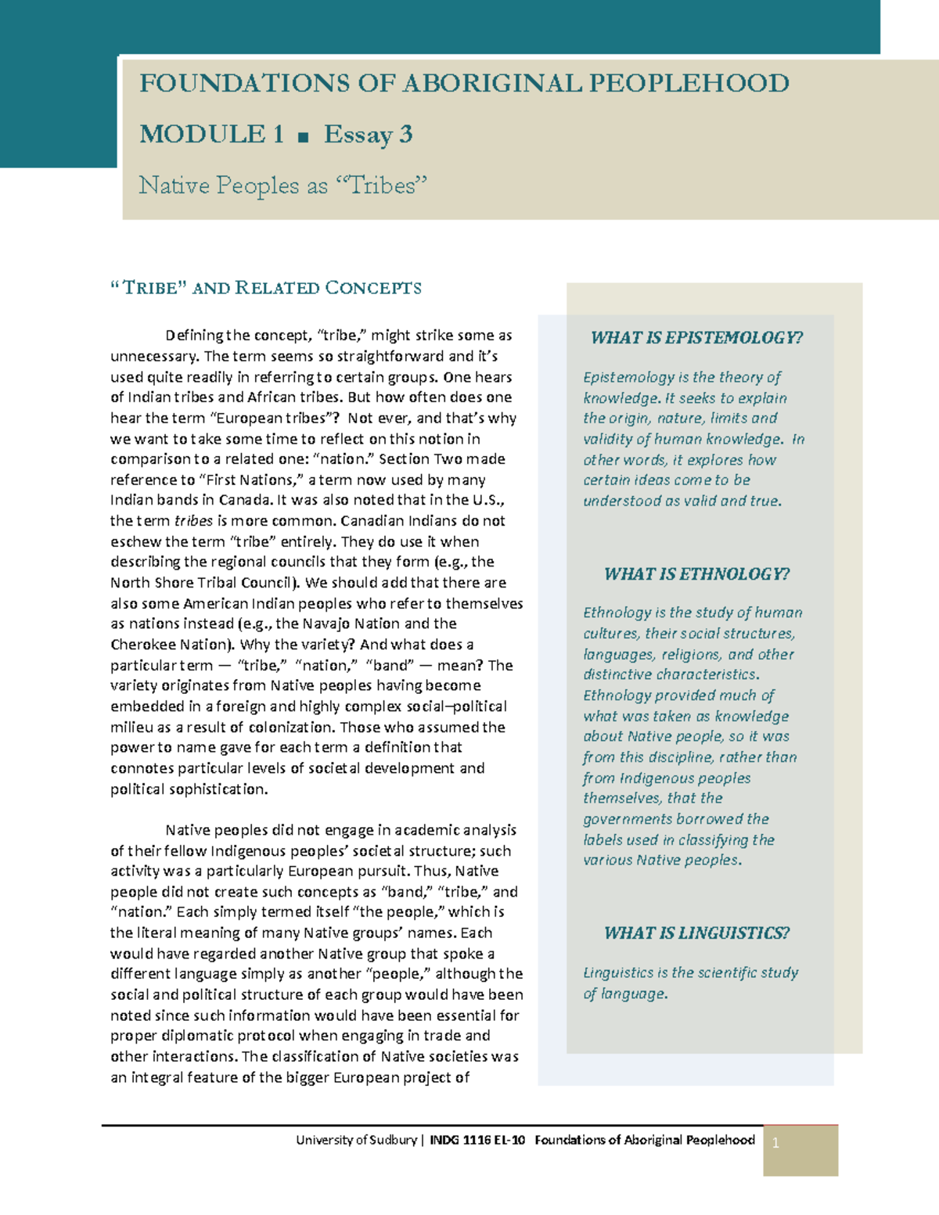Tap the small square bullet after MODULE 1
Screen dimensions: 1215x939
coord(304,137)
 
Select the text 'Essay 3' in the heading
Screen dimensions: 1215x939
coord(368,135)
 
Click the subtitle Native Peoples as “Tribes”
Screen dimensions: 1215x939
coord(283,185)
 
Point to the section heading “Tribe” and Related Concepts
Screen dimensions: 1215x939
coord(266,288)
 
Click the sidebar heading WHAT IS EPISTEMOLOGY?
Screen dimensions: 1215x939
coord(696,338)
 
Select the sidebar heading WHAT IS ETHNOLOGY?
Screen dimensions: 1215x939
coord(696,574)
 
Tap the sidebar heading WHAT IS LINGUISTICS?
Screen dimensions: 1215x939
coord(696,933)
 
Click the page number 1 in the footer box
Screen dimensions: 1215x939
coord(775,1143)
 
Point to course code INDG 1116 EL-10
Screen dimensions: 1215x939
coord(477,1140)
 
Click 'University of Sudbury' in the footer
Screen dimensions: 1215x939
coord(356,1140)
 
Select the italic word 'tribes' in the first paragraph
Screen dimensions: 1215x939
coord(193,521)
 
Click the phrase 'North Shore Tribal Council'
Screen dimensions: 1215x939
coord(202,583)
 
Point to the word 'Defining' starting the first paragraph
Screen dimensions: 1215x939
coord(194,336)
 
